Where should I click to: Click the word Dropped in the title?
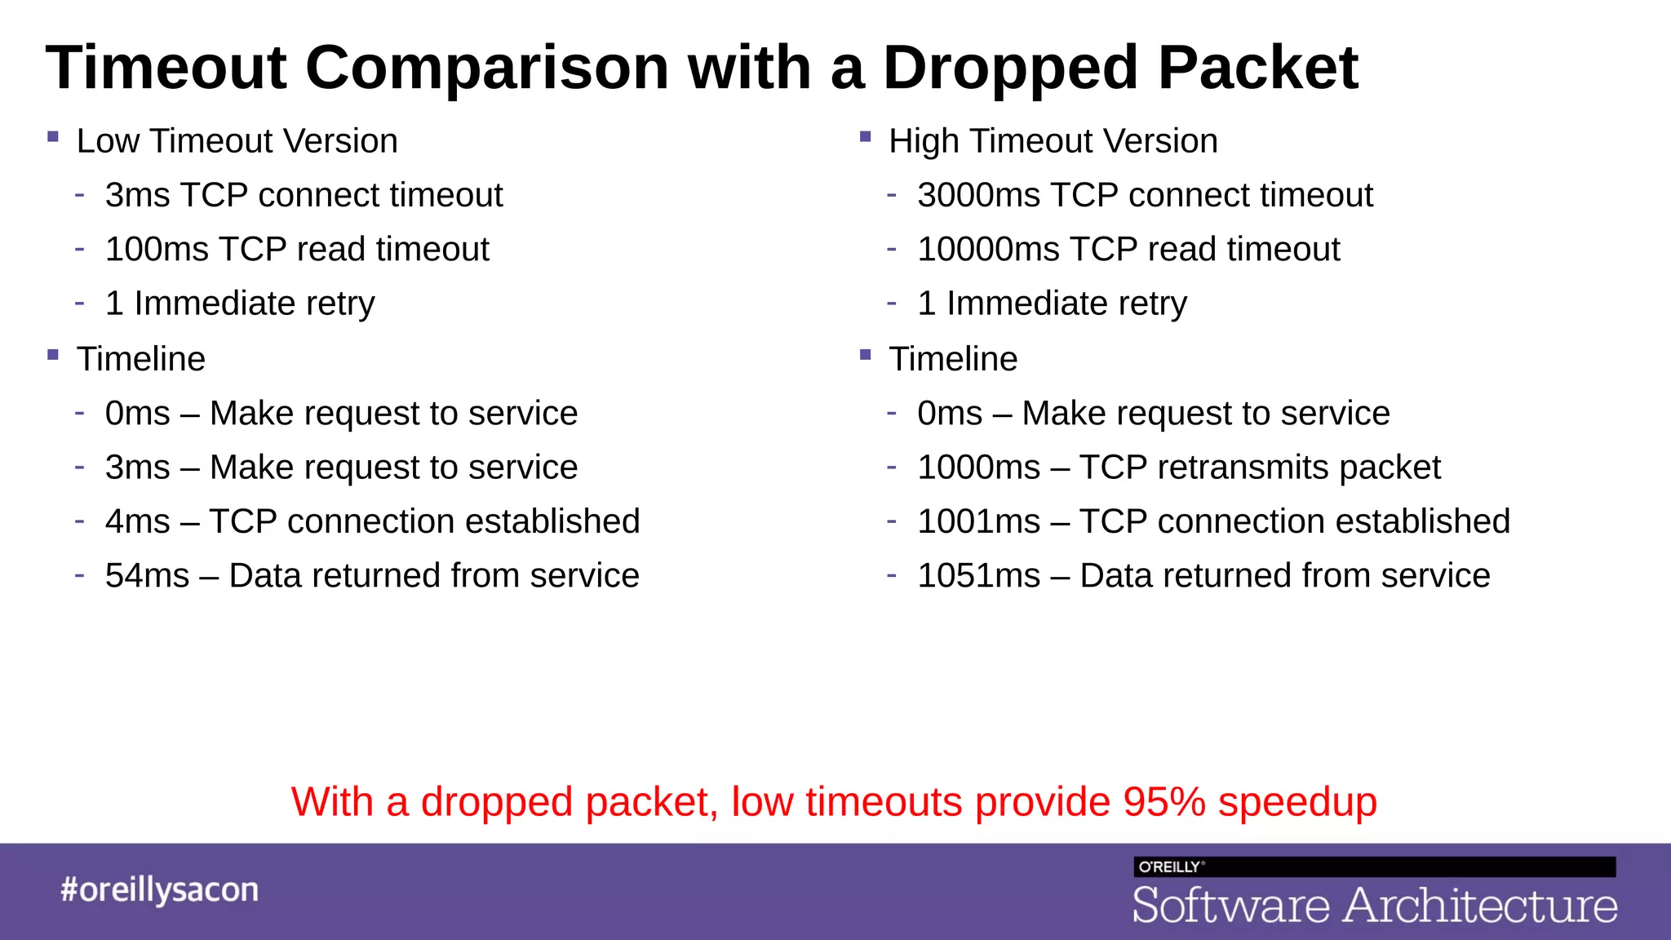click(x=1010, y=69)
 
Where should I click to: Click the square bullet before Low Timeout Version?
click(x=53, y=137)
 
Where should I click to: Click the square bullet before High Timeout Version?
click(x=866, y=137)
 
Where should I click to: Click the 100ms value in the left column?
click(x=157, y=250)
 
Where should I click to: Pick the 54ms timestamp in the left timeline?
click(x=147, y=576)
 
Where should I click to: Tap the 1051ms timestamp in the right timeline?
click(x=978, y=576)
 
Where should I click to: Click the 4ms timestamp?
click(x=137, y=522)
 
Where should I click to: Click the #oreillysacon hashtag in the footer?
click(x=159, y=890)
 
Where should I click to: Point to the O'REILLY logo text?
click(x=1169, y=867)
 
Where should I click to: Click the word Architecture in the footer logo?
click(x=1480, y=906)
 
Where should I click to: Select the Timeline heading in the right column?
click(x=953, y=360)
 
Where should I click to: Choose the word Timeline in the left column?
click(x=140, y=360)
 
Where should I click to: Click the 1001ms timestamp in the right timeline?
click(x=978, y=522)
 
